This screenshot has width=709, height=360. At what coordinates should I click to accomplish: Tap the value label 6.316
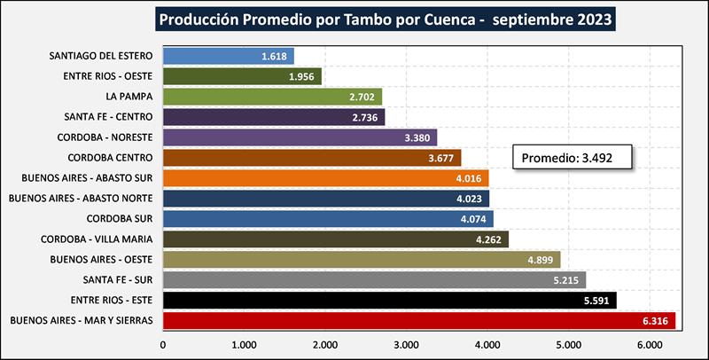point(656,320)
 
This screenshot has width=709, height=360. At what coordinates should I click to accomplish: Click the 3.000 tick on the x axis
point(406,345)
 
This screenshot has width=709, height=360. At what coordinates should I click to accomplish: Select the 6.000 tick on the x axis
point(649,345)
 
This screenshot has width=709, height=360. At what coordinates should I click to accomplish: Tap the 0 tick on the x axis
point(163,345)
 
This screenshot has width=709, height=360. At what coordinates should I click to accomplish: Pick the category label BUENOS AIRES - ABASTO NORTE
point(82,198)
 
